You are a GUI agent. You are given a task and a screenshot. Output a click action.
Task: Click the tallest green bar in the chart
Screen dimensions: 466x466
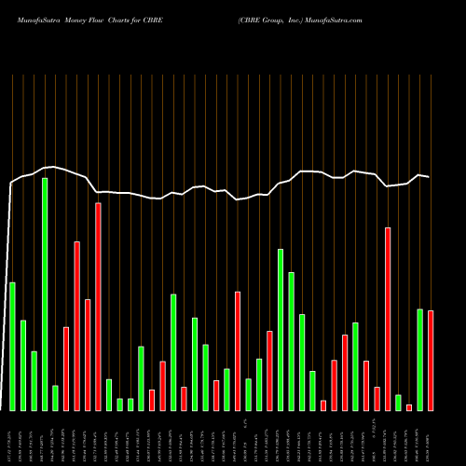click(x=45, y=294)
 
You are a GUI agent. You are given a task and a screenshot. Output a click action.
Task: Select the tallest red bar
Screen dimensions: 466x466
click(x=124, y=307)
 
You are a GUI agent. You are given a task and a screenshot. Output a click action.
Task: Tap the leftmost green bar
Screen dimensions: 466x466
click(x=12, y=346)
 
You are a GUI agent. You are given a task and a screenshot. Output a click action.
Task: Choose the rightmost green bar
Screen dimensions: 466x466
click(x=419, y=359)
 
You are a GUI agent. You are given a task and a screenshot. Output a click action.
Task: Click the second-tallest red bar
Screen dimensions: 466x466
click(x=388, y=319)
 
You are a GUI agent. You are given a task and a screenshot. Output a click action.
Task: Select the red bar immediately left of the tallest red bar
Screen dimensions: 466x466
click(x=114, y=354)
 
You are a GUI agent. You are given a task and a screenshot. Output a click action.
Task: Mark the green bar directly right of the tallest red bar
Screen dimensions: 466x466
click(x=135, y=394)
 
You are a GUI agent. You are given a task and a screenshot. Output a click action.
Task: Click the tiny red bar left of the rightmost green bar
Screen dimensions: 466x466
click(x=409, y=407)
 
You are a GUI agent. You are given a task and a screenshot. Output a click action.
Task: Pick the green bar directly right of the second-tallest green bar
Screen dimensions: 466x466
click(x=292, y=341)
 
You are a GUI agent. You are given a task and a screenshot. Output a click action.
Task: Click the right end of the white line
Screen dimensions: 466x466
click(x=430, y=177)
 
